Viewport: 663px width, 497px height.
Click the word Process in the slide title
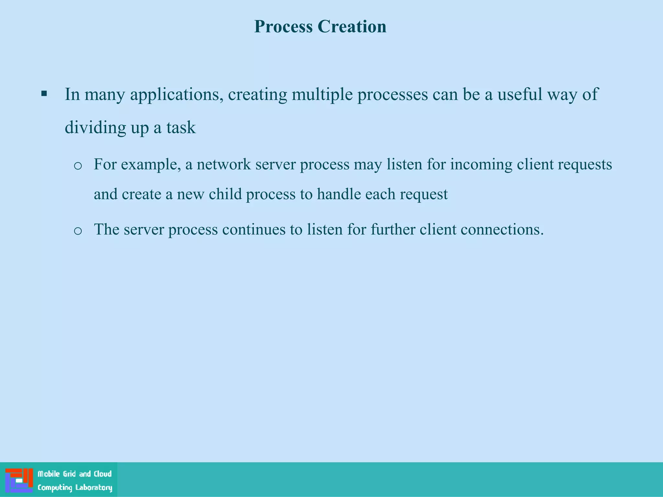tap(283, 27)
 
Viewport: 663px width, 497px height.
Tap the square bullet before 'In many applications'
tap(44, 94)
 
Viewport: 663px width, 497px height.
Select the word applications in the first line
tap(177, 95)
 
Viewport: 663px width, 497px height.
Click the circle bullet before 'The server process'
tap(78, 231)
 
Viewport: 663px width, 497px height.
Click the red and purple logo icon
tap(19, 480)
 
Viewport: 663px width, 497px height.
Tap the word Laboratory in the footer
tap(94, 488)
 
